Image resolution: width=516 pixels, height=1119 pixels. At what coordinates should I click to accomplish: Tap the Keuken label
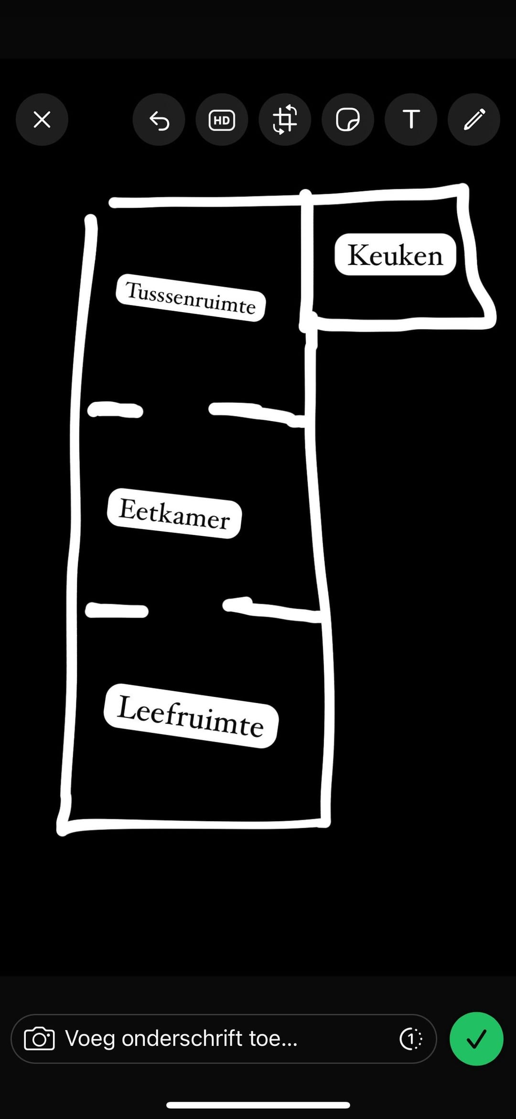pyautogui.click(x=395, y=254)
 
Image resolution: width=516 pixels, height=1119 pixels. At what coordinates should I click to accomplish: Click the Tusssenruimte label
pyautogui.click(x=191, y=297)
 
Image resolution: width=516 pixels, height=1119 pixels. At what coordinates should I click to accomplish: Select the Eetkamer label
pyautogui.click(x=174, y=513)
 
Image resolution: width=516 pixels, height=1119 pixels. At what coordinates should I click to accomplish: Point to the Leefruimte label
pyautogui.click(x=191, y=716)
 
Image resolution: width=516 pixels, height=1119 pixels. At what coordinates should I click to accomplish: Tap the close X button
pyautogui.click(x=42, y=120)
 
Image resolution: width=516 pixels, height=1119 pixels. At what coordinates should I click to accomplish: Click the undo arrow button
pyautogui.click(x=159, y=120)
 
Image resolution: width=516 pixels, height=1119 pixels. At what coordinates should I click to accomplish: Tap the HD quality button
pyautogui.click(x=222, y=120)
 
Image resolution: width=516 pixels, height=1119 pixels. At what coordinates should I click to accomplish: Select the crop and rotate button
pyautogui.click(x=285, y=120)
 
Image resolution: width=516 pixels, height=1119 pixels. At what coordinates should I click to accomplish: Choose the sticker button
pyautogui.click(x=348, y=120)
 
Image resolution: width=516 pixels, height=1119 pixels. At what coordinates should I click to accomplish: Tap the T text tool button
pyautogui.click(x=411, y=120)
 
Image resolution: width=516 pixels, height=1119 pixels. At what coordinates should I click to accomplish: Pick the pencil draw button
pyautogui.click(x=474, y=120)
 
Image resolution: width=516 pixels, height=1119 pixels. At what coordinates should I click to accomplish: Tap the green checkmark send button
pyautogui.click(x=476, y=1039)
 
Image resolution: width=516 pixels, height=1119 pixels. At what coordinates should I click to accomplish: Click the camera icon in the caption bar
pyautogui.click(x=40, y=1039)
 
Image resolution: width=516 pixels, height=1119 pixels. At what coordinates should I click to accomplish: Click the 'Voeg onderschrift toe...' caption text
pyautogui.click(x=181, y=1038)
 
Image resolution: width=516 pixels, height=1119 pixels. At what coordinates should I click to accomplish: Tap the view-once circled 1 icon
pyautogui.click(x=411, y=1039)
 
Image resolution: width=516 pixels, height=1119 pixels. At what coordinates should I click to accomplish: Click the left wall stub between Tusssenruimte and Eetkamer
pyautogui.click(x=115, y=410)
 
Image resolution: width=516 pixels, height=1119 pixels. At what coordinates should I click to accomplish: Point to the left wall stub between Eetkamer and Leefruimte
pyautogui.click(x=117, y=610)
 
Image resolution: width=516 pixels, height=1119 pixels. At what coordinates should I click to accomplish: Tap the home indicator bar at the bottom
pyautogui.click(x=258, y=1105)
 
